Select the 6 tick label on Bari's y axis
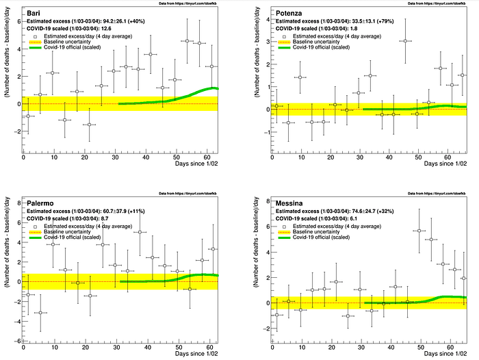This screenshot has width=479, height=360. pyautogui.click(x=16, y=22)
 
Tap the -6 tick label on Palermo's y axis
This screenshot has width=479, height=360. pyautogui.click(x=14, y=341)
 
